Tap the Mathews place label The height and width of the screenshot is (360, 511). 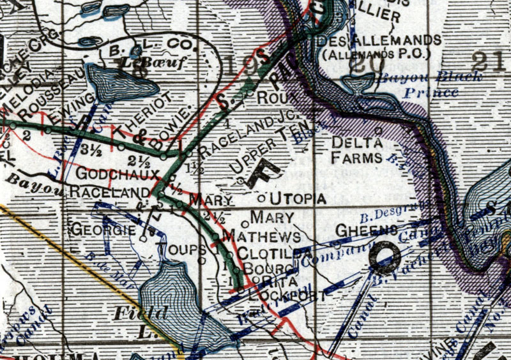pyautogui.click(x=254, y=234)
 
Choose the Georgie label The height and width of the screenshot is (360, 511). pyautogui.click(x=103, y=229)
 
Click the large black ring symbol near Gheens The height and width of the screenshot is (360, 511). pyautogui.click(x=387, y=257)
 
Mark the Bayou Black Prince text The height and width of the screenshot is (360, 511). pyautogui.click(x=419, y=85)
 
